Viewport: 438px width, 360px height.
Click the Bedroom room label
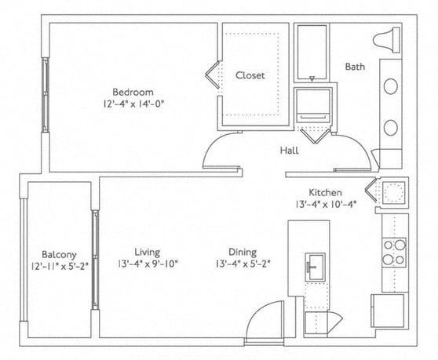(131, 90)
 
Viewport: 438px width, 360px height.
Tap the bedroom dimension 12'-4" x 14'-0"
(132, 103)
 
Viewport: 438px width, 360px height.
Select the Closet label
(250, 75)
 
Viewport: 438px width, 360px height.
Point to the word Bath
(355, 67)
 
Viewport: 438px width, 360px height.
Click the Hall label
(289, 150)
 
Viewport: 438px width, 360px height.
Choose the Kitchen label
(324, 193)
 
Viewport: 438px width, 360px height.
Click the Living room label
(147, 252)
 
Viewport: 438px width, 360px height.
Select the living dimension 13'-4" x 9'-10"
(148, 264)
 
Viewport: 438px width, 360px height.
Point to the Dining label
(242, 252)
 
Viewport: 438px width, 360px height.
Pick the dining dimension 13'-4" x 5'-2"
(243, 264)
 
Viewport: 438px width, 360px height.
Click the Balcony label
(59, 254)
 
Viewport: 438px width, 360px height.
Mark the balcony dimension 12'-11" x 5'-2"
(60, 267)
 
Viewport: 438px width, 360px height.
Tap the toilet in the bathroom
(389, 38)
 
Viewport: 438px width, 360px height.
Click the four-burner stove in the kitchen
(393, 252)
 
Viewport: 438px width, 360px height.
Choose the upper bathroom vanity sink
(389, 86)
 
